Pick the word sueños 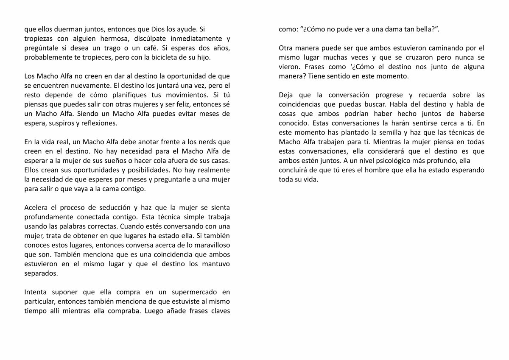point(123,160)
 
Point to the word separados point(41,273)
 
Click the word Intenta point(35,292)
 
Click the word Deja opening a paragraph point(286,95)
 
